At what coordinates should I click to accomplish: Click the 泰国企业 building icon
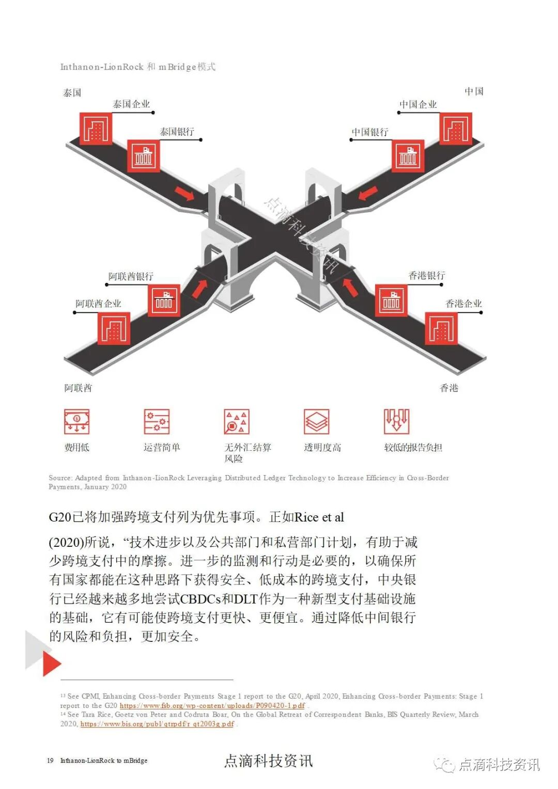click(x=96, y=129)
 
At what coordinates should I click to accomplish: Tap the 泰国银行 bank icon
click(x=144, y=155)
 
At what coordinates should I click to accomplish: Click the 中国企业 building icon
click(x=456, y=129)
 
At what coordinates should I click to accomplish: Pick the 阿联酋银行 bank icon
click(x=164, y=300)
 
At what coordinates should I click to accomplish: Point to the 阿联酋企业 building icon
click(x=114, y=328)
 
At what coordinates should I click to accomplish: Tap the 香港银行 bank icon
click(x=391, y=300)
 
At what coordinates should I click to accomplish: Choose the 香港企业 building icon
click(x=441, y=328)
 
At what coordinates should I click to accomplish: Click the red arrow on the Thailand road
click(x=184, y=194)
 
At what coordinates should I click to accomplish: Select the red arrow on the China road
click(x=368, y=193)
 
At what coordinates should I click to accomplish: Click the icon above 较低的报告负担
click(x=396, y=421)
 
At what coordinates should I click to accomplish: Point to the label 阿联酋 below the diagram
click(x=78, y=388)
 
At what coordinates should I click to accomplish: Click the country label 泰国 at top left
click(x=72, y=93)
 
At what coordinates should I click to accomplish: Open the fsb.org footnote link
click(x=212, y=705)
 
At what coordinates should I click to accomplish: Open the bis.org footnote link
click(x=157, y=724)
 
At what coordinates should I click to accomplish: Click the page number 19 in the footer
click(x=50, y=761)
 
